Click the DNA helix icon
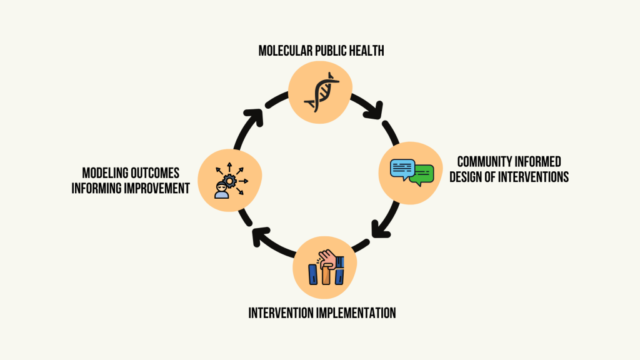[322, 92]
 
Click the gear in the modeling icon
[230, 181]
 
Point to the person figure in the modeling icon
[222, 190]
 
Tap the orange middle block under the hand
[326, 275]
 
